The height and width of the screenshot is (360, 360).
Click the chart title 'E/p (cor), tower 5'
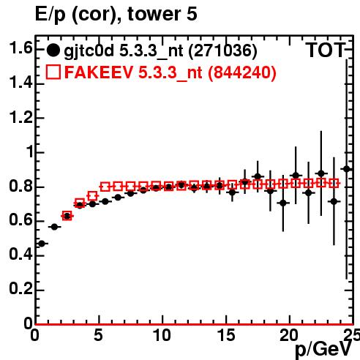[116, 14]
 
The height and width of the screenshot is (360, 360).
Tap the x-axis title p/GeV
[323, 349]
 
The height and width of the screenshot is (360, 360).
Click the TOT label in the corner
[326, 50]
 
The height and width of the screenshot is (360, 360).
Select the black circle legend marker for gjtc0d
[53, 50]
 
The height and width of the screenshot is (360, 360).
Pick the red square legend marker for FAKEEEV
[53, 72]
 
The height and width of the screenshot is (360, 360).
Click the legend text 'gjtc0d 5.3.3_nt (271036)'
[160, 51]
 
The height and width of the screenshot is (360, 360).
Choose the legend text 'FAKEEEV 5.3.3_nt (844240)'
[170, 72]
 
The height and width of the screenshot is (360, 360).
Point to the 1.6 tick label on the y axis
[20, 48]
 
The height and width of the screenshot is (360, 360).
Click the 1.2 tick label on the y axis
[20, 117]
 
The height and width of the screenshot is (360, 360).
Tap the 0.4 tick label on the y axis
[20, 255]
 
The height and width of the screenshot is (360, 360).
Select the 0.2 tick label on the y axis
[20, 289]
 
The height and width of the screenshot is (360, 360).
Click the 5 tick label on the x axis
[98, 335]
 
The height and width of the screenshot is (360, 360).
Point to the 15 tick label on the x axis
[226, 335]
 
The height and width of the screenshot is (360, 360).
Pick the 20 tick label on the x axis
[289, 335]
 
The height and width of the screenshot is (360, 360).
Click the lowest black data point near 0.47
[42, 244]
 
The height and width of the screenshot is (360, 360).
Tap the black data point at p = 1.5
[54, 227]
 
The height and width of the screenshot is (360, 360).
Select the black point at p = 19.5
[283, 203]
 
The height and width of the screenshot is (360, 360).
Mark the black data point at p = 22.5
[321, 173]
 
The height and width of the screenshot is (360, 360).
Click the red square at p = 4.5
[92, 195]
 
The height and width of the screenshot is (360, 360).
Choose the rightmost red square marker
[334, 183]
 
